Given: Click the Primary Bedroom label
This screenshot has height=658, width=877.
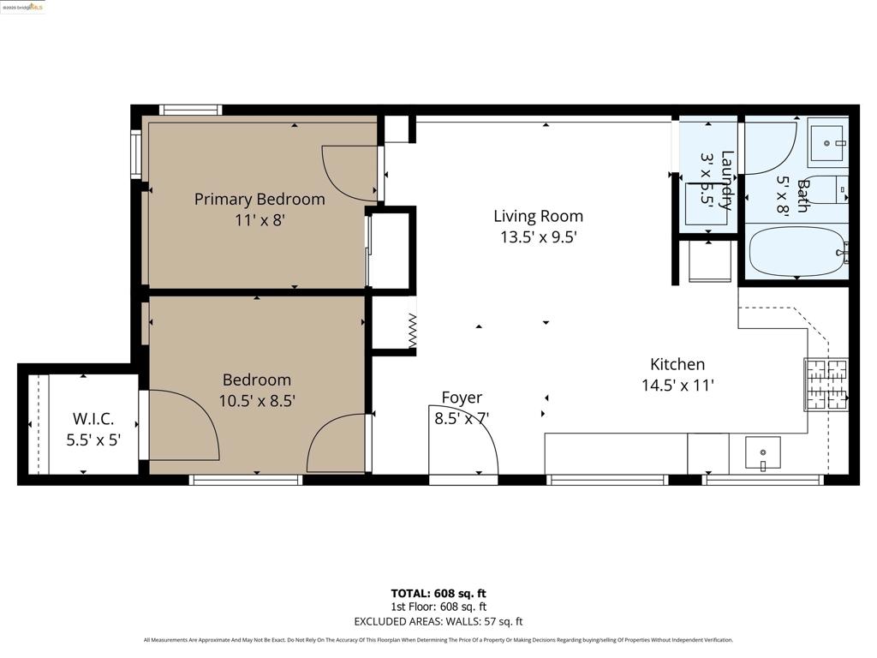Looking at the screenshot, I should [260, 200].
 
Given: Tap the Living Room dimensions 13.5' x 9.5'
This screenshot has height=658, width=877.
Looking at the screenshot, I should [538, 237].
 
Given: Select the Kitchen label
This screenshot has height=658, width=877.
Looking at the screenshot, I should [677, 364].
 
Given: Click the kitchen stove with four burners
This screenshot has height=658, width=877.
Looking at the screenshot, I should [826, 383].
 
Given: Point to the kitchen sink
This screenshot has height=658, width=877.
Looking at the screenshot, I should [762, 452].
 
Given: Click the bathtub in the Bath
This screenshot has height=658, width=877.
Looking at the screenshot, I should [796, 251].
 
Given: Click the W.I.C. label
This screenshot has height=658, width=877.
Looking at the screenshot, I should [93, 420].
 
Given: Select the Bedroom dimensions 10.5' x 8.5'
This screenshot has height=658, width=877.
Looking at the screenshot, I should [257, 400].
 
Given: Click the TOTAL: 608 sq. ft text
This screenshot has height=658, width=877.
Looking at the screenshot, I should [438, 593].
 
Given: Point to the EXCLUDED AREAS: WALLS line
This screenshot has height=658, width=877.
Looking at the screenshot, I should [438, 621].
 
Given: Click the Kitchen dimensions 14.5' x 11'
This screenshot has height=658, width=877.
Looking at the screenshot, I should [677, 386].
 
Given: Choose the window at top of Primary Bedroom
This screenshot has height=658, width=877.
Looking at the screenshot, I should [191, 110].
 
